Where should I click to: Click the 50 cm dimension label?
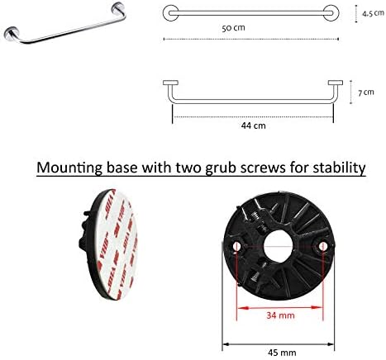click(233, 28)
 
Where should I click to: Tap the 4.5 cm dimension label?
click(373, 13)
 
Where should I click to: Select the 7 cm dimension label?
click(366, 92)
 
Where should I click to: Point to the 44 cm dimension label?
click(253, 126)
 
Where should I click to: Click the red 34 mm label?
click(280, 315)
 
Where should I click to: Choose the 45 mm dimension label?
click(282, 353)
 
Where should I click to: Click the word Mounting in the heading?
click(69, 168)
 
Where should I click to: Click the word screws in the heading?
click(263, 168)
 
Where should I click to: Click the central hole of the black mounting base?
click(278, 246)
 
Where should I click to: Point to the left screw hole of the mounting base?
click(236, 246)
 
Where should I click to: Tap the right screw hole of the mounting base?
click(323, 246)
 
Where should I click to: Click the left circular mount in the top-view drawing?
click(170, 13)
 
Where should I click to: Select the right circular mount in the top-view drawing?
click(331, 13)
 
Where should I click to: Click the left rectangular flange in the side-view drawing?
click(170, 83)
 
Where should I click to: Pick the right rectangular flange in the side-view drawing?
click(336, 83)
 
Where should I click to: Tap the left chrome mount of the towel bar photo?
click(11, 34)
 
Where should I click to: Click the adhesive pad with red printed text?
click(116, 244)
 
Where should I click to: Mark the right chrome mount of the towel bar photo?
click(118, 8)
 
